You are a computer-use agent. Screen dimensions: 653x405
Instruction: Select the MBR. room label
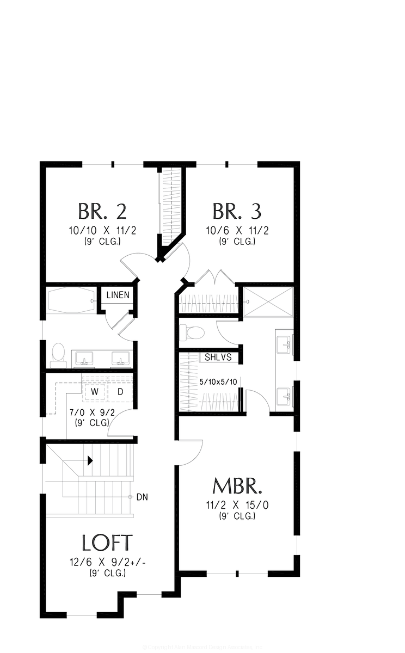click(x=237, y=486)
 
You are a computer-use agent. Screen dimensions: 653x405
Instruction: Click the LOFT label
click(x=107, y=543)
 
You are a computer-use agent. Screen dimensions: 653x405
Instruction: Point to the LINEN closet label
click(x=118, y=295)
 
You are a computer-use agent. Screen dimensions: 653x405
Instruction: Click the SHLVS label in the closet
click(x=218, y=358)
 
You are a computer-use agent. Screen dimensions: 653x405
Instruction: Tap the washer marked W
click(x=95, y=392)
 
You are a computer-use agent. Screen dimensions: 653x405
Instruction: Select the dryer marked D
click(x=121, y=392)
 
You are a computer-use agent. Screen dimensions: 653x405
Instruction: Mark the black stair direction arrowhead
click(x=90, y=461)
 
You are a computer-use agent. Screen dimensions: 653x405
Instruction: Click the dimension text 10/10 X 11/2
click(x=102, y=230)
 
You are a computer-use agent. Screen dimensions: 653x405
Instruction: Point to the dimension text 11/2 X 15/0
click(x=237, y=505)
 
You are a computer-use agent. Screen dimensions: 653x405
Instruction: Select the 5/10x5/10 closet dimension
click(x=218, y=382)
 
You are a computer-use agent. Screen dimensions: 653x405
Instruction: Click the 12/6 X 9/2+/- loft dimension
click(x=107, y=563)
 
